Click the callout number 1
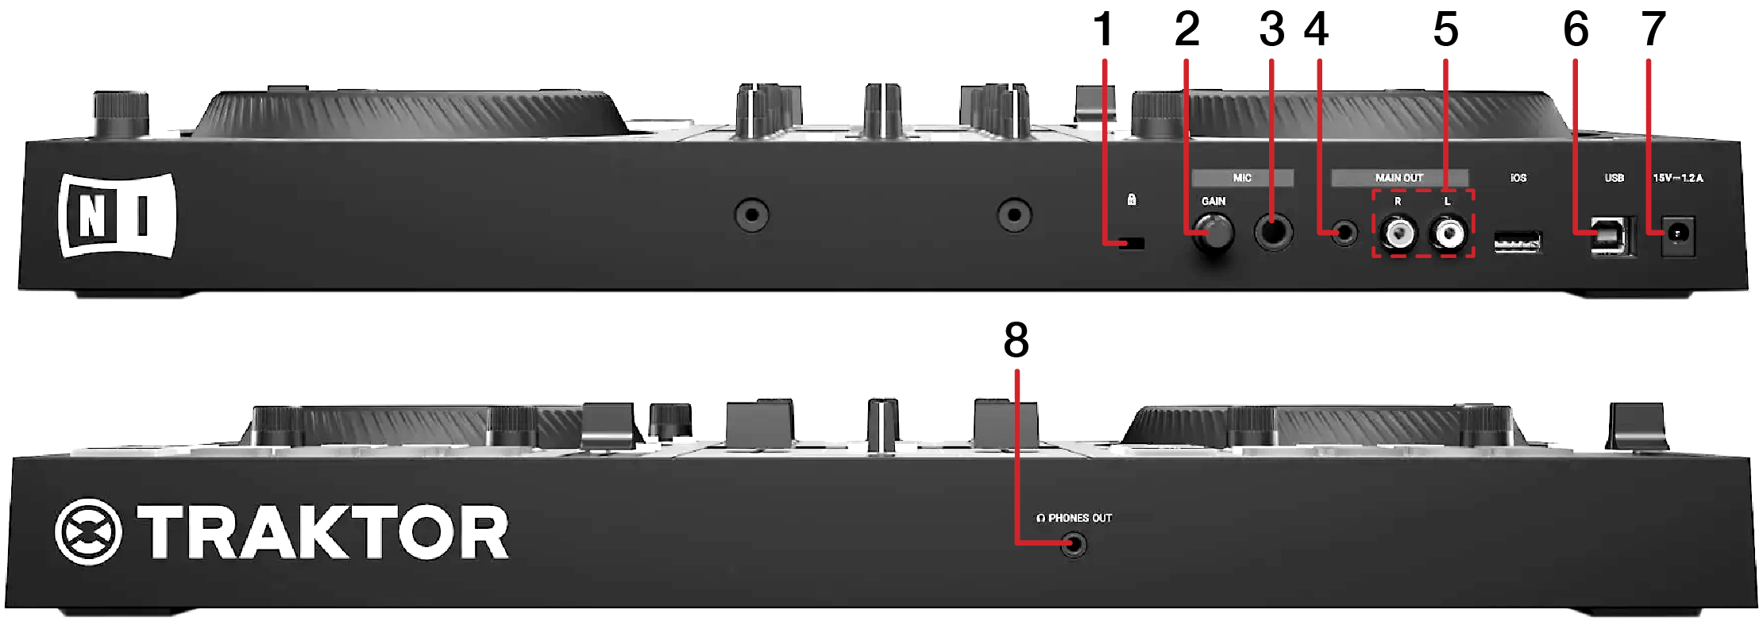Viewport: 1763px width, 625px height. click(1103, 30)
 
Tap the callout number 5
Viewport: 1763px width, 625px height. click(1445, 30)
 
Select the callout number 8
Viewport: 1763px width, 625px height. click(1016, 341)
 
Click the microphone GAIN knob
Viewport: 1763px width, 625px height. click(1214, 233)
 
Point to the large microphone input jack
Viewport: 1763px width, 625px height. click(1274, 233)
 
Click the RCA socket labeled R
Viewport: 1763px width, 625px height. click(1398, 233)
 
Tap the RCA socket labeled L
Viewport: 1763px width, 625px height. click(1448, 233)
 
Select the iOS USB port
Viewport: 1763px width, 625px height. click(1518, 241)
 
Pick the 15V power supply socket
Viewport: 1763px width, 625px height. click(1677, 235)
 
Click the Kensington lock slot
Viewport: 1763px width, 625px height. click(1132, 243)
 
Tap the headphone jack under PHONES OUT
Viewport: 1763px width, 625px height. click(1074, 545)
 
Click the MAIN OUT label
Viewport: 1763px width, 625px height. click(1399, 178)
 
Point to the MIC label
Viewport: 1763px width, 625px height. click(1242, 178)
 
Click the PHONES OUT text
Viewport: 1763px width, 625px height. click(1079, 518)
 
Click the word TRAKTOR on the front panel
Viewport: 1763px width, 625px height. click(322, 532)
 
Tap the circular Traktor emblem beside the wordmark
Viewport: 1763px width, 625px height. click(89, 532)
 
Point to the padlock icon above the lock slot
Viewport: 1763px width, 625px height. click(1132, 199)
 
